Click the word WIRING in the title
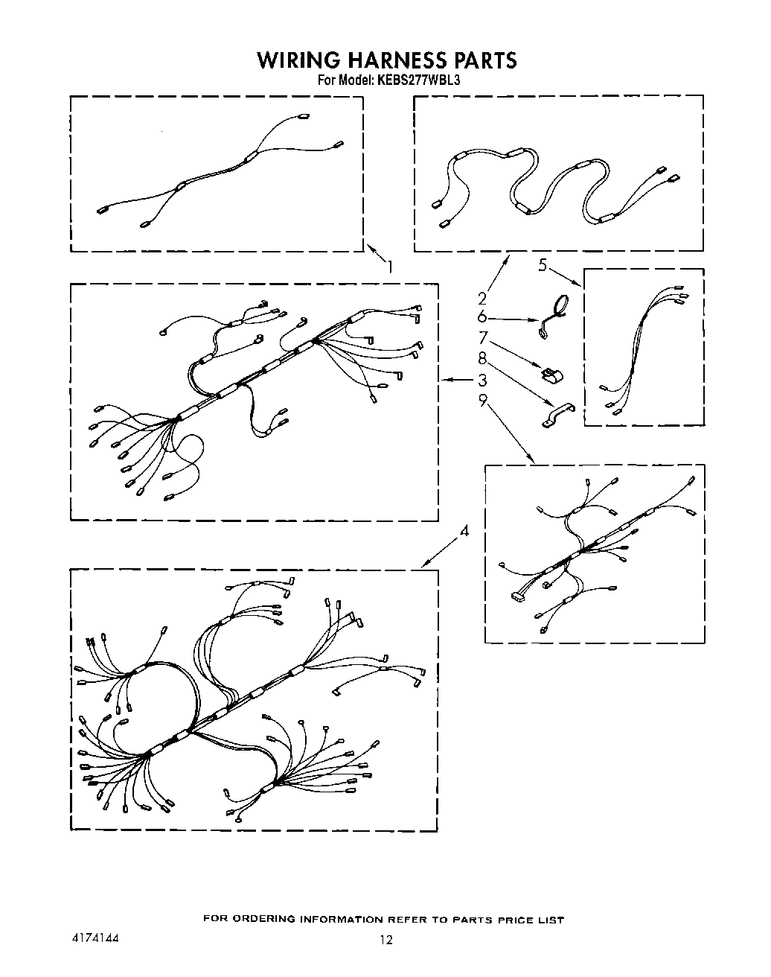tap(296, 60)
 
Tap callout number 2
tap(482, 299)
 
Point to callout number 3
tap(482, 380)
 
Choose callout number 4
tap(464, 531)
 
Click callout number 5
tap(543, 264)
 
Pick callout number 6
tap(482, 318)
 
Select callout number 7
tap(482, 337)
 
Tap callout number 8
tap(482, 358)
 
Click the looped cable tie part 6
tap(554, 317)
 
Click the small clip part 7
tap(551, 375)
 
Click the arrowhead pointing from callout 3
tap(444, 380)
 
